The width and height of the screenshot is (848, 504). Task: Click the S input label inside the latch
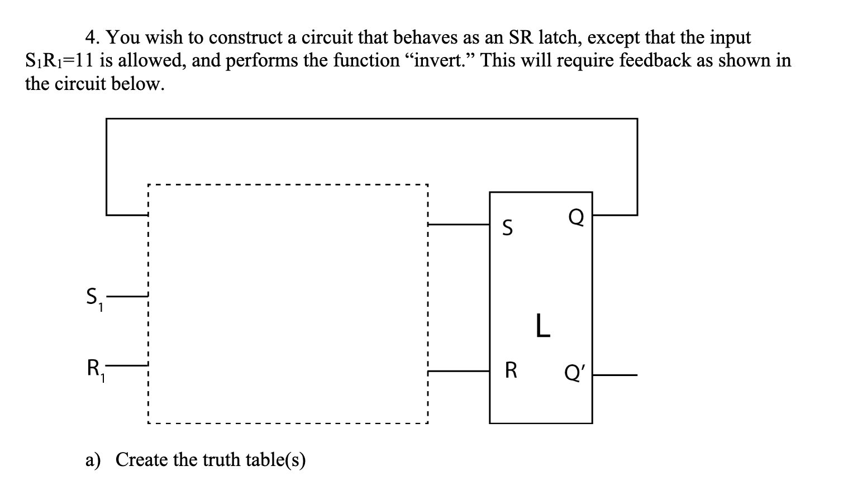[x=507, y=228]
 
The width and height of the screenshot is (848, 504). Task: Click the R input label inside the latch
[x=511, y=370]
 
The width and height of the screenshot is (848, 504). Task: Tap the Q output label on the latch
[x=576, y=217]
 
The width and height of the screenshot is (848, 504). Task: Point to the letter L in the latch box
[x=542, y=326]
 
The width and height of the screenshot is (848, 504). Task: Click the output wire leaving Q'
[x=614, y=374]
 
